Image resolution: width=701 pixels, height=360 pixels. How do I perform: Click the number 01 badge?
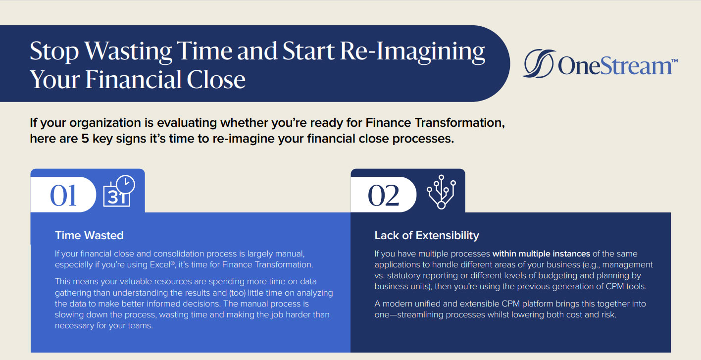pyautogui.click(x=63, y=195)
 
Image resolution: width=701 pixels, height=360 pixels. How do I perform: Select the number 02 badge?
pyautogui.click(x=383, y=195)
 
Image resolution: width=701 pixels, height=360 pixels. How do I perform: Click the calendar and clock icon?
pyautogui.click(x=119, y=191)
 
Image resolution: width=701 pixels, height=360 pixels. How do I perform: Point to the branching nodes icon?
pyautogui.click(x=441, y=192)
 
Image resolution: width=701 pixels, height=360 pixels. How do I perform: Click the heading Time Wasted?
pyautogui.click(x=89, y=235)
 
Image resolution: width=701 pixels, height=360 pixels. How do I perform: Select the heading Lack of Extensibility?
pyautogui.click(x=427, y=235)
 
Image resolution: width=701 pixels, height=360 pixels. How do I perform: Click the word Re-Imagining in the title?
pyautogui.click(x=412, y=51)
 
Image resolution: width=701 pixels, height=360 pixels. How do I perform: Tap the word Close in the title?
pyautogui.click(x=216, y=80)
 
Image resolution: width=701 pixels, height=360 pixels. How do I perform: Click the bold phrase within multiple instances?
pyautogui.click(x=542, y=254)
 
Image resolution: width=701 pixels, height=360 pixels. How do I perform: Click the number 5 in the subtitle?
pyautogui.click(x=85, y=139)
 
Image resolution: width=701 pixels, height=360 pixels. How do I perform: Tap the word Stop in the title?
pyautogui.click(x=54, y=51)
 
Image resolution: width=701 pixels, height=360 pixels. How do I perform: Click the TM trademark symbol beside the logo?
pyautogui.click(x=674, y=61)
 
